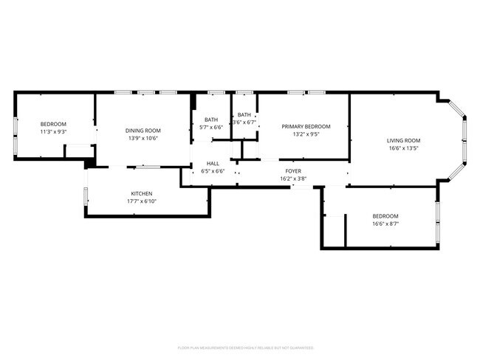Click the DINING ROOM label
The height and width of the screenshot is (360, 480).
pos(143,131)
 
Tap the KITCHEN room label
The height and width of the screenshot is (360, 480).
pos(142,194)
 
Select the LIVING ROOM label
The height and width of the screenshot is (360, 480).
pos(403,140)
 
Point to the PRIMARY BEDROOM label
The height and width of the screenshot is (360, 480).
pos(306,126)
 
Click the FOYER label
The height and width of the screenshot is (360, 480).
pos(293,171)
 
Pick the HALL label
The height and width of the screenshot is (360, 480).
pos(213,164)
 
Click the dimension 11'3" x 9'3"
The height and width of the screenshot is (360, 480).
pos(53,131)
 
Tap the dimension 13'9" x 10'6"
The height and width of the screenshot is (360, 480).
pos(143,138)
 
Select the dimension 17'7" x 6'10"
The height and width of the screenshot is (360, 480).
pos(142,201)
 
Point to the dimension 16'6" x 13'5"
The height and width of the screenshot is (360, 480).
pos(403,148)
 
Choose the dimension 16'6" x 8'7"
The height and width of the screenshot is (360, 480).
pos(385,224)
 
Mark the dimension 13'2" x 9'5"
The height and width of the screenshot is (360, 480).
pos(306,134)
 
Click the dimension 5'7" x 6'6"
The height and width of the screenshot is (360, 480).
pos(211,127)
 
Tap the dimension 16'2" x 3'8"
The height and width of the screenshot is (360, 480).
pos(293,179)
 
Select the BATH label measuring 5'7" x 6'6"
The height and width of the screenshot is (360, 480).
pos(211,120)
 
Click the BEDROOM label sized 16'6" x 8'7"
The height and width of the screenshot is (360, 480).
pos(385,216)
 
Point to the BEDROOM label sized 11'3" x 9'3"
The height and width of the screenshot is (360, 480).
pos(53,124)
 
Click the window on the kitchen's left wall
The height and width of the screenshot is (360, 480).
pos(86,197)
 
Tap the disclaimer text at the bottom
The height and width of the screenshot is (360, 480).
pos(245,347)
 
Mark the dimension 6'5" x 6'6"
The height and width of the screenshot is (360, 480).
pos(213,171)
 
